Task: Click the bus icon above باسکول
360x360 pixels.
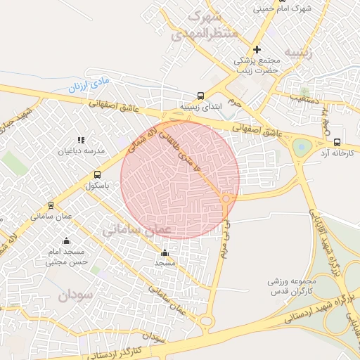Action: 97,175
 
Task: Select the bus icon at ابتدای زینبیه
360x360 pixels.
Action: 201,96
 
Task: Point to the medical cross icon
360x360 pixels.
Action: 257,49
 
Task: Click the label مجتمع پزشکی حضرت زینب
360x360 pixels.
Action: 257,65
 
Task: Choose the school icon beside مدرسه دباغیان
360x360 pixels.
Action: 81,140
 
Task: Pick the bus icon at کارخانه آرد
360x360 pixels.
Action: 338,141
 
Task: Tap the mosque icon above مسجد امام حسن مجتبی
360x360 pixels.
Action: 66,241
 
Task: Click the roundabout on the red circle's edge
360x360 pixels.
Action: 226,200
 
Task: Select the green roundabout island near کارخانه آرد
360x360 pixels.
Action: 302,147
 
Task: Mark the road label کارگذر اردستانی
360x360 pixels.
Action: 138,345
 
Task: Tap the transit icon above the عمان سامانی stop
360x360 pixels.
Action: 51,205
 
